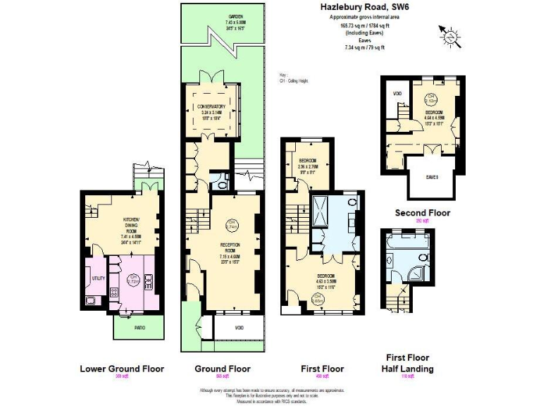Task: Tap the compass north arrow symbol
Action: [450, 35]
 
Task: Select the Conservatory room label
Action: [211, 109]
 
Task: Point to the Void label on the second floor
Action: [397, 92]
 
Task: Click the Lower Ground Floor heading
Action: [122, 369]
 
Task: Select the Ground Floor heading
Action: [222, 369]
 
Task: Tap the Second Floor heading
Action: [422, 212]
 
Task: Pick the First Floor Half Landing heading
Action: [407, 363]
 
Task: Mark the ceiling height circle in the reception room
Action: [232, 226]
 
